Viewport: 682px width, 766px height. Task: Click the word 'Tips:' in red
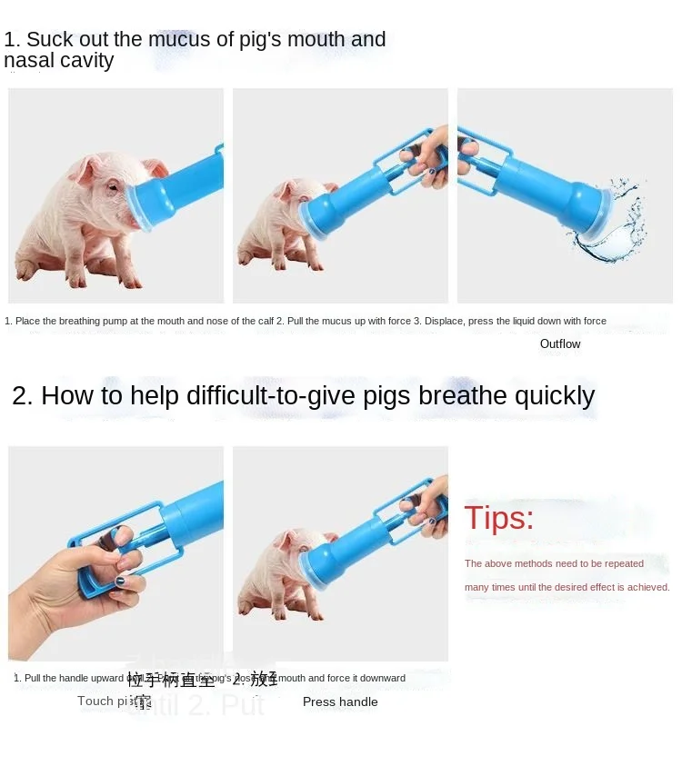coord(499,518)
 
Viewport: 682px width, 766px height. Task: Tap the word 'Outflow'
coord(559,343)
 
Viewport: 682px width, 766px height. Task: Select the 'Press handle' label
coord(340,701)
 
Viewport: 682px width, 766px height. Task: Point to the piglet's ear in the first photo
coord(89,168)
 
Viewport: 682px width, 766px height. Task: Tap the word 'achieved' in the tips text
coord(648,587)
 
